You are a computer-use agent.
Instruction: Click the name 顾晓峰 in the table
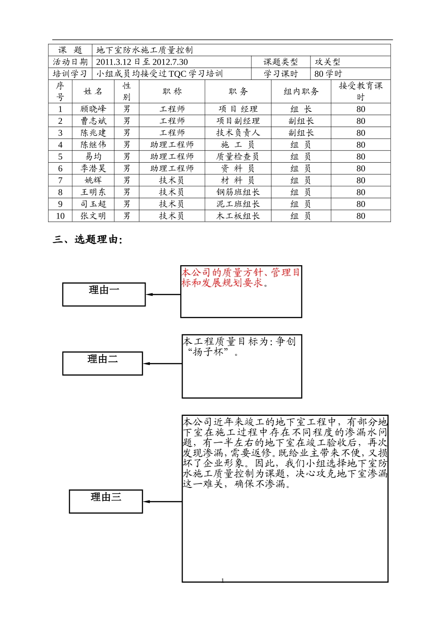tap(93, 109)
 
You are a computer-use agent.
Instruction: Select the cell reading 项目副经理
tap(238, 121)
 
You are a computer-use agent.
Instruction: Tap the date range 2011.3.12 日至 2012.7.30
tap(142, 62)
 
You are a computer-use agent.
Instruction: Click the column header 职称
tap(172, 91)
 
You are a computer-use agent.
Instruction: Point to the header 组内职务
tap(301, 91)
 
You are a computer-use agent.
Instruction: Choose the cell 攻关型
tap(327, 62)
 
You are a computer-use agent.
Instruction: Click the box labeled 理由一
tap(104, 294)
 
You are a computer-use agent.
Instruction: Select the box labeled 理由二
tap(103, 363)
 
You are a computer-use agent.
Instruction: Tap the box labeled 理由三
tap(106, 501)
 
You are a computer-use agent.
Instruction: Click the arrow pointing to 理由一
tap(163, 294)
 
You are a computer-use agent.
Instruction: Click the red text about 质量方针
tap(241, 277)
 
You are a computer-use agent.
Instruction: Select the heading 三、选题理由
tap(88, 239)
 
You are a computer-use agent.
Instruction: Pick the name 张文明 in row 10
tap(93, 216)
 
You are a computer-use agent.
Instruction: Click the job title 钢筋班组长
tap(238, 192)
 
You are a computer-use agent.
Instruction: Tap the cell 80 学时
tap(328, 74)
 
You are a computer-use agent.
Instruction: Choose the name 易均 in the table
tap(93, 157)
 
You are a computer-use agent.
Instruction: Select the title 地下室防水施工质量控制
tap(145, 50)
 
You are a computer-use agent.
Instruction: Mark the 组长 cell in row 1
tap(301, 109)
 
